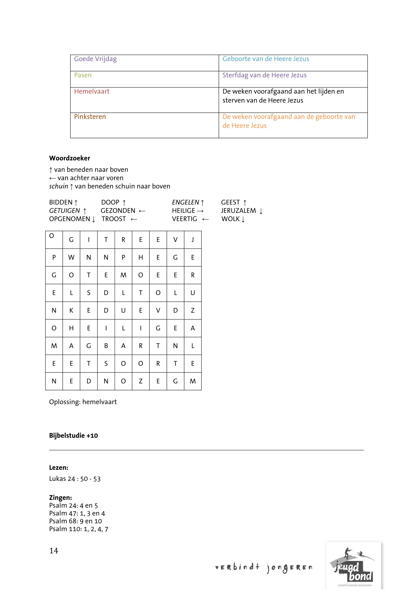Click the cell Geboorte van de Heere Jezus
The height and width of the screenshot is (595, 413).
(x=265, y=59)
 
